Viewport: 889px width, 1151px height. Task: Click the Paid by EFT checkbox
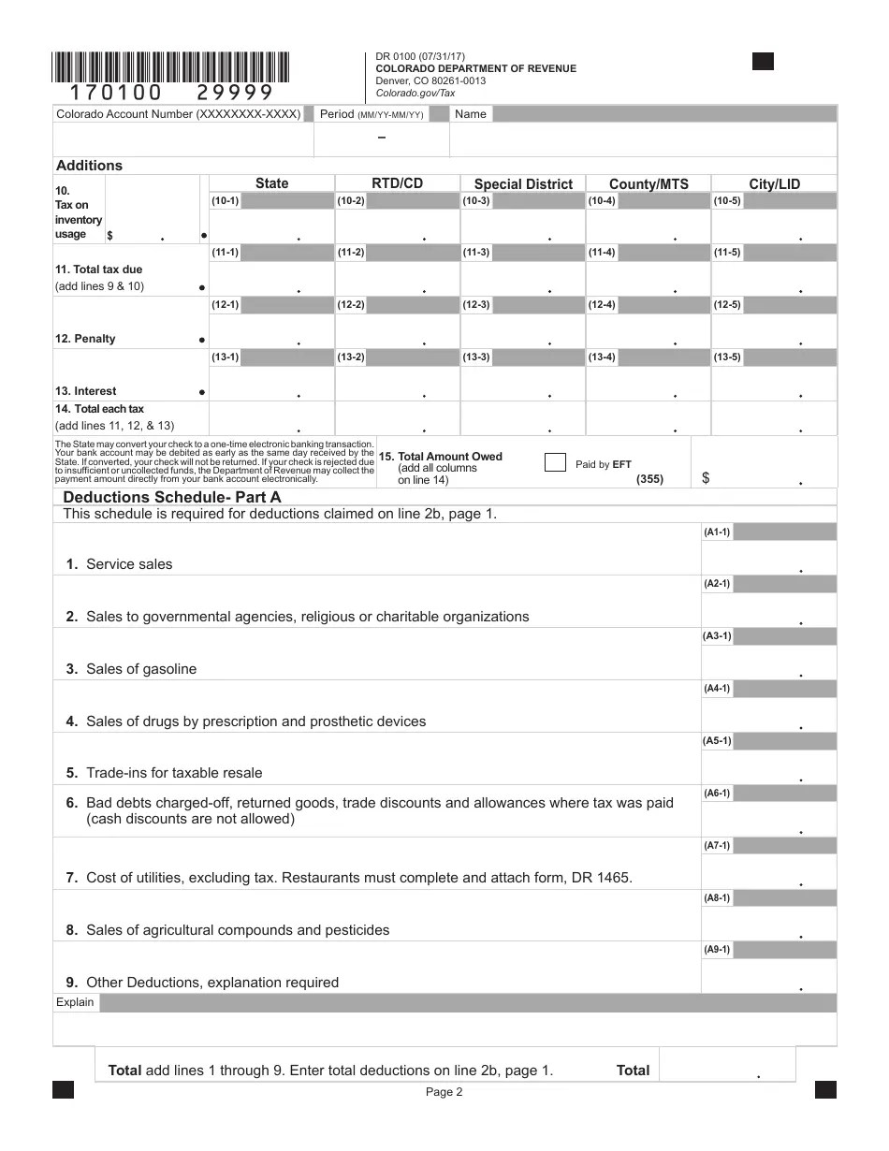(x=555, y=462)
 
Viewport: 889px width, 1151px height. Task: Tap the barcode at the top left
(x=171, y=68)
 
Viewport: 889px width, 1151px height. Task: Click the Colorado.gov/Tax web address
(x=415, y=93)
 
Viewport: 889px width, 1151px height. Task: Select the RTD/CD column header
(x=398, y=183)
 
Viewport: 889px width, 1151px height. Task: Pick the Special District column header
(x=523, y=184)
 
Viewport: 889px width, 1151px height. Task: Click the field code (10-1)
(x=225, y=201)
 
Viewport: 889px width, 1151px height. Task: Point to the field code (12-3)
(x=475, y=305)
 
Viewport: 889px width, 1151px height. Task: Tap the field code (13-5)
(x=727, y=357)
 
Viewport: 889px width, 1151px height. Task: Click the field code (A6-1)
(x=718, y=794)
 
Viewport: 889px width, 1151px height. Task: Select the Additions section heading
(x=90, y=166)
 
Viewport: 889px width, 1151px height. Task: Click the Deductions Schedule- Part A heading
(x=171, y=498)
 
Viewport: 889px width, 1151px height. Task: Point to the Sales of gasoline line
(x=140, y=669)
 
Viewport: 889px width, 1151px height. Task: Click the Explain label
(x=75, y=1002)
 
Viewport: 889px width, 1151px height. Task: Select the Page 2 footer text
(x=444, y=1092)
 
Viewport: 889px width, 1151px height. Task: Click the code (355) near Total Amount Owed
(x=649, y=479)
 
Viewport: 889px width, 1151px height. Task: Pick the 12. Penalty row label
(x=85, y=339)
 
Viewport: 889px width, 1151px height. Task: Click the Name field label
(x=471, y=114)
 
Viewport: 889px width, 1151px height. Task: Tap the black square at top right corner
(x=763, y=62)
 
